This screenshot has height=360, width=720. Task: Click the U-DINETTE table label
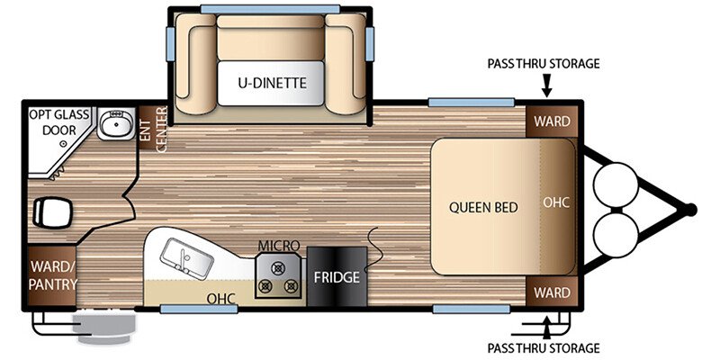click(272, 83)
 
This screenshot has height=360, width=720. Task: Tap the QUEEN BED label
click(483, 208)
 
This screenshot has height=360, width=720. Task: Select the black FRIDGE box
click(337, 277)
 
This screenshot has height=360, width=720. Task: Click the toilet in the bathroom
click(53, 212)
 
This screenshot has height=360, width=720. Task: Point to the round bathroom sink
click(116, 123)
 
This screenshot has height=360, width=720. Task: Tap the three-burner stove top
click(278, 275)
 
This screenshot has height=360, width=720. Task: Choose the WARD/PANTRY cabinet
click(53, 275)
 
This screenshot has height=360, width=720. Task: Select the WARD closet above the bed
click(552, 121)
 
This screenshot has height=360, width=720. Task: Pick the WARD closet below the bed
click(552, 292)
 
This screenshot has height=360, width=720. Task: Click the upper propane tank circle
click(616, 185)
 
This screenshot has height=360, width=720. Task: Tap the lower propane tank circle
click(616, 235)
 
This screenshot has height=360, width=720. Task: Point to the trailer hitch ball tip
click(690, 210)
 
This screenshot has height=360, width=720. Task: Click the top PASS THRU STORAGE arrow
click(546, 85)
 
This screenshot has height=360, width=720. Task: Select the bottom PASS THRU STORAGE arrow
click(546, 328)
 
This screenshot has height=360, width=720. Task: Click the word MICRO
click(278, 246)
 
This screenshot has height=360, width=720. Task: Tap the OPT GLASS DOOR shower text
click(59, 122)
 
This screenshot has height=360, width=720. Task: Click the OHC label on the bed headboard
click(556, 202)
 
